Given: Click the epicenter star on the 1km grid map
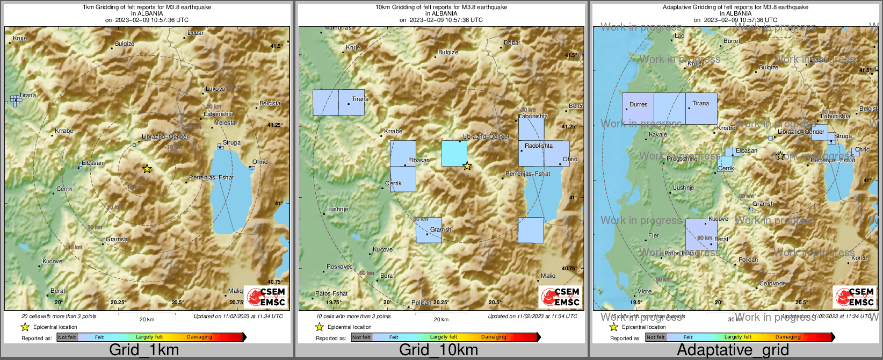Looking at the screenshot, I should point(147,169).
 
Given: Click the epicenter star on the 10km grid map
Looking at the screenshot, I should point(467,166).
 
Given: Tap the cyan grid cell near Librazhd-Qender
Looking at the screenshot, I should point(454,153).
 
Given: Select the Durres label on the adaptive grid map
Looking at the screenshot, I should point(639,104).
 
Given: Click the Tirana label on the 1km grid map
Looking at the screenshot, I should point(27,95).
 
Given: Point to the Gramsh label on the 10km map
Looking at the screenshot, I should point(440,229).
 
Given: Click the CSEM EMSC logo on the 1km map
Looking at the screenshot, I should point(266,296).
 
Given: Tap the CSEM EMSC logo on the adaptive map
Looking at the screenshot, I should point(855,296).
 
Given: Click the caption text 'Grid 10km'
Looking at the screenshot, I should point(438,350).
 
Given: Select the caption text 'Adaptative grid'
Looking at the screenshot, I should point(733,350).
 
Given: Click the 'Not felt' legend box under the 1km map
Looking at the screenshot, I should point(67,337).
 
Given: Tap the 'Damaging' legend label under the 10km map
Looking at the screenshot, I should point(494,337).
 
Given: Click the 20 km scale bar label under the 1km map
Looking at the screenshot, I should point(147,319).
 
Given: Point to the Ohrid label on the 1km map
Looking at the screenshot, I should point(260,162).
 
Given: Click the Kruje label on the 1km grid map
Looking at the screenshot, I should point(20,38).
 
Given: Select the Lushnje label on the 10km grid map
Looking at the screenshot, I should point(338,209).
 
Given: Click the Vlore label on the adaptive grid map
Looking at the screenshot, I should point(645,291).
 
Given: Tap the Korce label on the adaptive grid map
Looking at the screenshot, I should point(859,258).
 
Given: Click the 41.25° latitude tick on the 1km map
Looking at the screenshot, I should point(275,125).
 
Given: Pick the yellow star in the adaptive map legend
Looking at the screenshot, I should point(613,327).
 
